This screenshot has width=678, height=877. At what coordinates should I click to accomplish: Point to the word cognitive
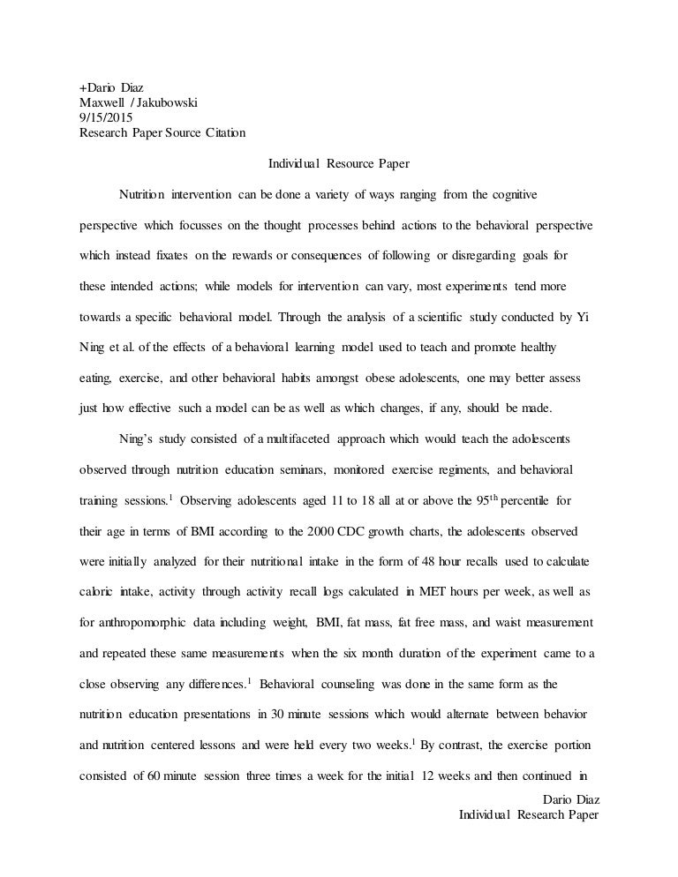[513, 193]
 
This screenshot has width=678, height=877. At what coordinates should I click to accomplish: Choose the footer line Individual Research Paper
[529, 815]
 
